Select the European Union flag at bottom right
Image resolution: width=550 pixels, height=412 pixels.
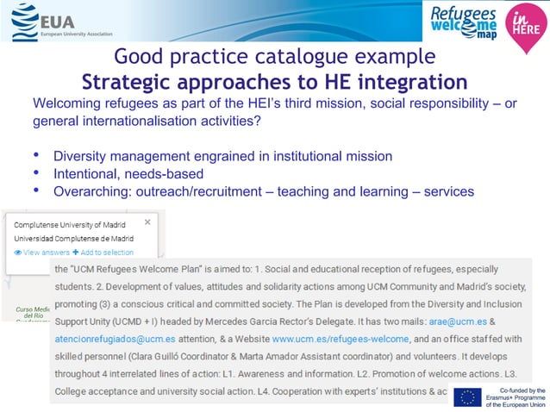[x=469, y=397]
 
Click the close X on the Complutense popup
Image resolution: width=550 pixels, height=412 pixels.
[x=147, y=222]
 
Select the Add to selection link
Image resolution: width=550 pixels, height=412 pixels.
[x=103, y=252]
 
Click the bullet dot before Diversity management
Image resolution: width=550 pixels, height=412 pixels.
[x=36, y=156]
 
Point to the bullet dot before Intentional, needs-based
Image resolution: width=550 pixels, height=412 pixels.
[x=36, y=174]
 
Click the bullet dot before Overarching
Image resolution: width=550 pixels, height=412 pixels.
[x=36, y=191]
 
